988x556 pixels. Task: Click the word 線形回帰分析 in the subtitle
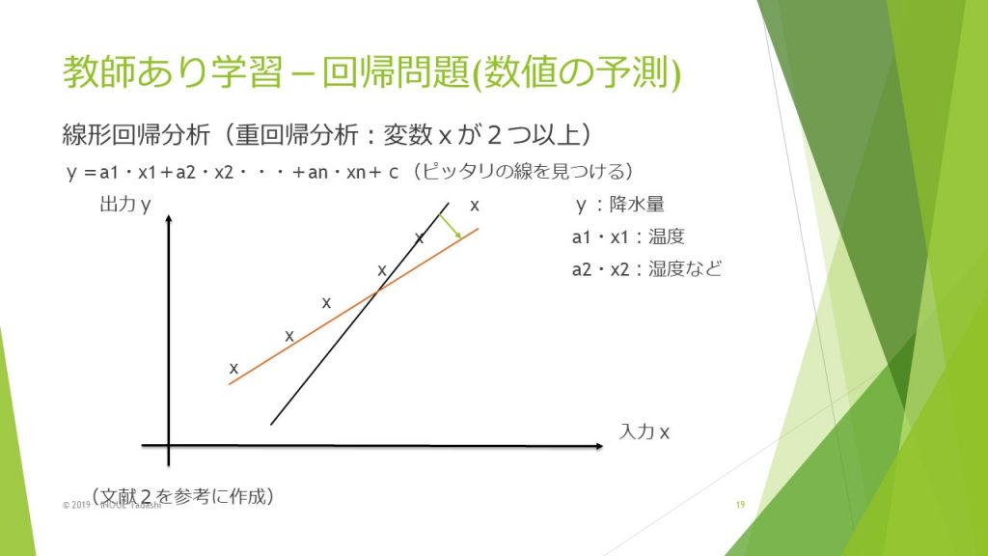pos(136,135)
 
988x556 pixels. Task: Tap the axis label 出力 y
pos(125,205)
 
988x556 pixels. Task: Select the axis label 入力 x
pos(644,431)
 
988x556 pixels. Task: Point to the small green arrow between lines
pos(450,226)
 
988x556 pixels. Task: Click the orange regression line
pos(353,306)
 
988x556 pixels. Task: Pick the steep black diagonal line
pos(360,314)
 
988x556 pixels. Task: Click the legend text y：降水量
pos(620,205)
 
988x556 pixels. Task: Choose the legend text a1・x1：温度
pos(628,237)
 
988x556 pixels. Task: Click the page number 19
pos(740,504)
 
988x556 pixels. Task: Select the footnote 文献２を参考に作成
pos(182,496)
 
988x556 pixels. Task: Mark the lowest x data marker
pos(233,368)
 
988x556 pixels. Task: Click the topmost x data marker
pos(475,205)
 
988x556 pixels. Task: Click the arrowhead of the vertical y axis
pos(169,218)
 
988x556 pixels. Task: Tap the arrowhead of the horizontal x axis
pos(599,446)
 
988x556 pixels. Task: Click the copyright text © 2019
pos(76,505)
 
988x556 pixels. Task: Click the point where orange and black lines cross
pos(377,292)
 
